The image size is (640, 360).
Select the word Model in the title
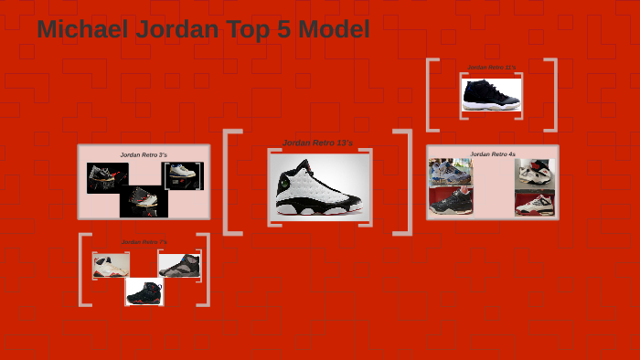coord(333,29)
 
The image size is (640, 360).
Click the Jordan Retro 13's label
coord(318,143)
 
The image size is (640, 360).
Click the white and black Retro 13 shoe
coord(319,186)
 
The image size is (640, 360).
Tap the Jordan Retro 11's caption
coord(491,68)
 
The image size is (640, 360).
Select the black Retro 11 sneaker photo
coord(491,95)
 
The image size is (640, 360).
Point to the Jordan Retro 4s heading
coord(493,154)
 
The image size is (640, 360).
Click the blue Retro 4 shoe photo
coord(451,172)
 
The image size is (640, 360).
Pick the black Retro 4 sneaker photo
coord(451,200)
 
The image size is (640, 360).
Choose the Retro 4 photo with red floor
coord(535,202)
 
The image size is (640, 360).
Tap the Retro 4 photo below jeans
coord(535,174)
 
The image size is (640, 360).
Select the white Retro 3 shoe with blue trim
coord(184,175)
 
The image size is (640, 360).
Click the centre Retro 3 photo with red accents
coord(144,201)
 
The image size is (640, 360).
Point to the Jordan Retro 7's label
coord(144,242)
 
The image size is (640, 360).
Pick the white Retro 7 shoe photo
coord(111,265)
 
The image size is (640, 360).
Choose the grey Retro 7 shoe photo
coord(179,265)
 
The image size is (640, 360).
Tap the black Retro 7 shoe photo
coord(144,291)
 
